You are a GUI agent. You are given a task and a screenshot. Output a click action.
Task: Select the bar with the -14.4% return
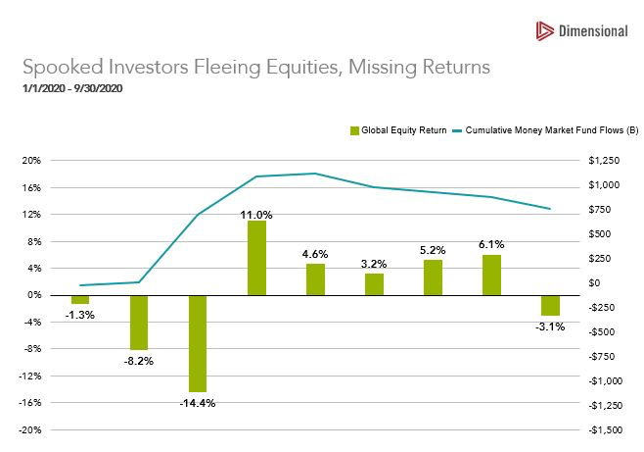coord(198,342)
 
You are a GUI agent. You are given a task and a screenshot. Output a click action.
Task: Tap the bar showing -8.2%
coord(139,322)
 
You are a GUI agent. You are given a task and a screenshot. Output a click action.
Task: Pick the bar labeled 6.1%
coord(491,275)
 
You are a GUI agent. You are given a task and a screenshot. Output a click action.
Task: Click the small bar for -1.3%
coord(80,298)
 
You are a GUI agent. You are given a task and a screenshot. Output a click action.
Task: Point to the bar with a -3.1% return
coord(550,305)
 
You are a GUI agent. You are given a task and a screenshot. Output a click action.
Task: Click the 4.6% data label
coord(315,254)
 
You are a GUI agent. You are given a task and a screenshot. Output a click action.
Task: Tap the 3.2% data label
coord(374,264)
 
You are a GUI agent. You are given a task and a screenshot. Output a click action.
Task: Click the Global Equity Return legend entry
coord(399,129)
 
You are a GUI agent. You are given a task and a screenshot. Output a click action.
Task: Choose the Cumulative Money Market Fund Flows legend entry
coord(551,129)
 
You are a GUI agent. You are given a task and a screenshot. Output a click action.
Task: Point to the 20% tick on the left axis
coord(31,160)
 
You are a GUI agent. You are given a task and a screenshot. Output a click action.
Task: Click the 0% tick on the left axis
coord(33,294)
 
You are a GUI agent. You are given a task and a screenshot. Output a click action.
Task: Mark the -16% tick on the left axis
coord(30,402)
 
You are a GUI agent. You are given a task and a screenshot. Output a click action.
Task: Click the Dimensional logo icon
coord(545,31)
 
